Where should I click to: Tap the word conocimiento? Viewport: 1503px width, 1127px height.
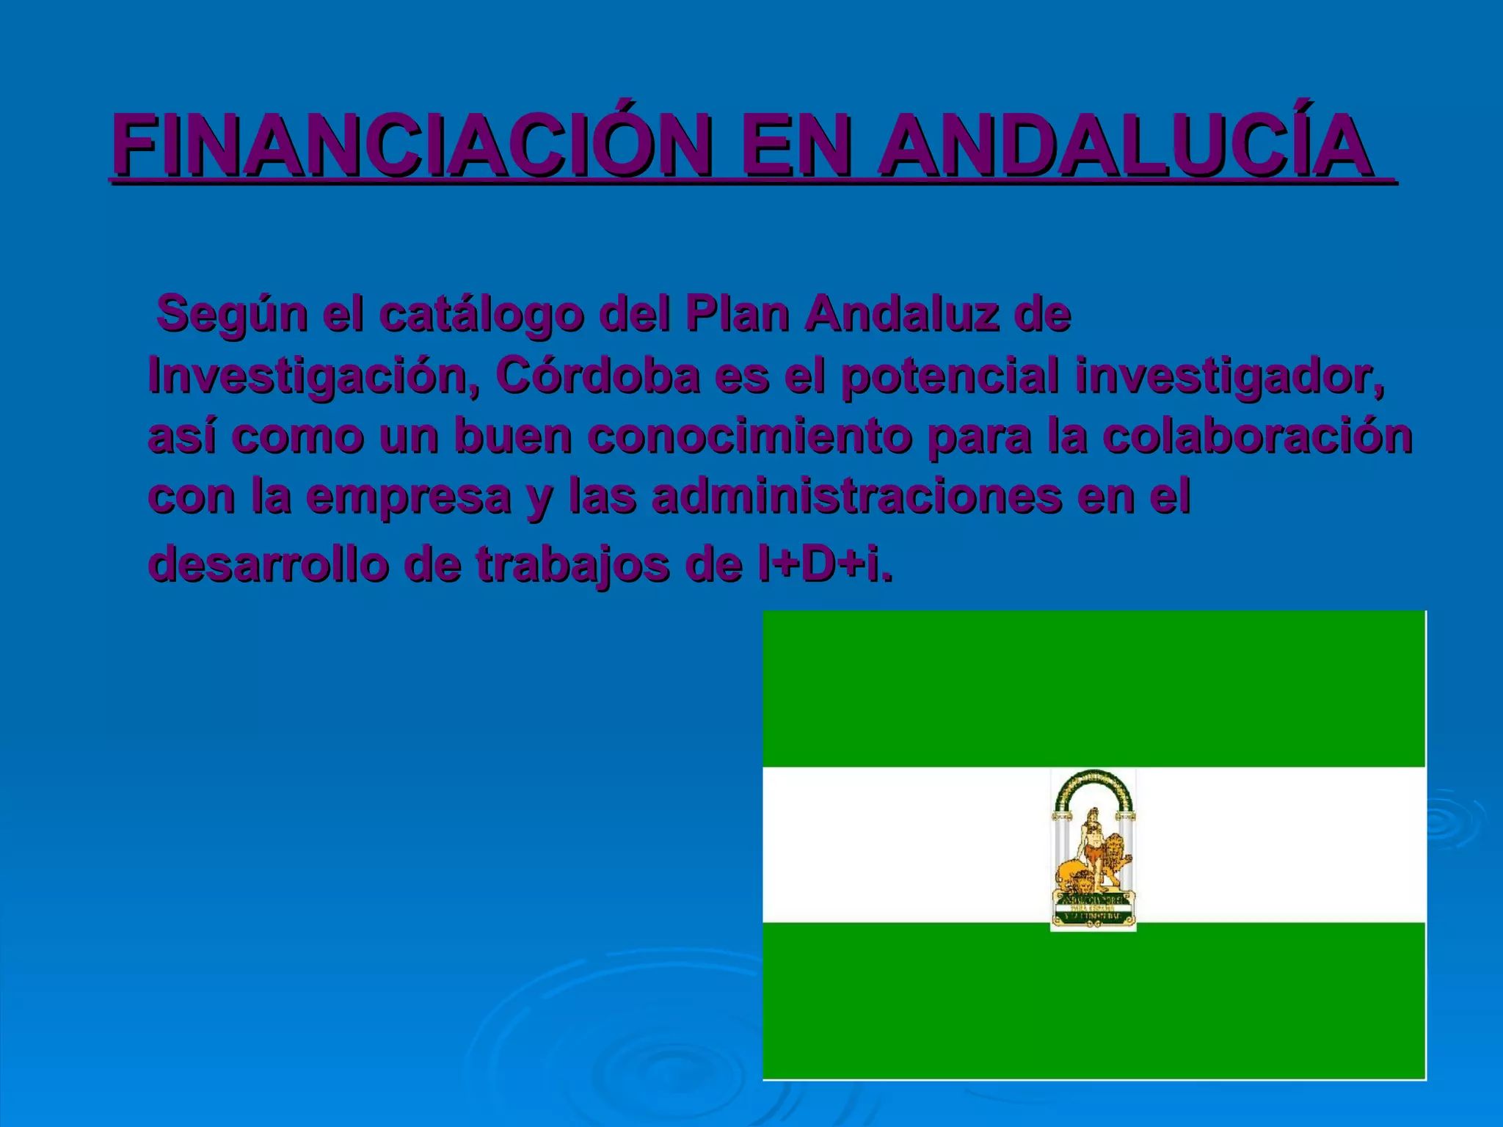(749, 436)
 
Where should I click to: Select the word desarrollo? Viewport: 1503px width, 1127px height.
(269, 564)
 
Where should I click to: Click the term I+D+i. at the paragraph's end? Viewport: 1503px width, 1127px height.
(826, 564)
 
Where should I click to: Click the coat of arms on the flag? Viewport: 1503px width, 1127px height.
(1093, 850)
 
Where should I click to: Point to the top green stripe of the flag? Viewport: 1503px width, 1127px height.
(1093, 688)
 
